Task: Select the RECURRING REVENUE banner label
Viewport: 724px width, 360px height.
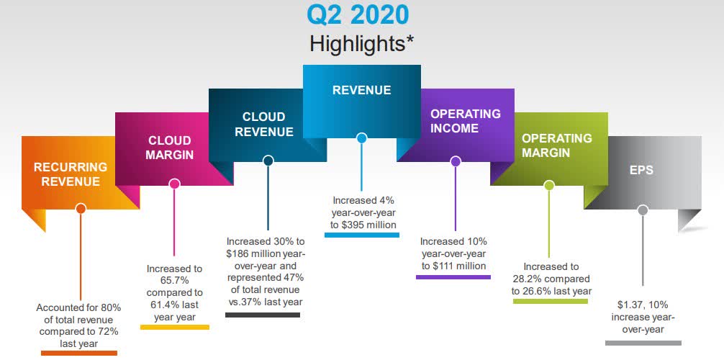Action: coord(71,174)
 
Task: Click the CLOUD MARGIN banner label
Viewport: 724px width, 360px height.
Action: coord(170,148)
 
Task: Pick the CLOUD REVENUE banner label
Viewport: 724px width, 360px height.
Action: coord(263,124)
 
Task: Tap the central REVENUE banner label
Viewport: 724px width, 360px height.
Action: coord(361,90)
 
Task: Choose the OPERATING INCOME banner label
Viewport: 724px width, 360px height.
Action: coord(466,121)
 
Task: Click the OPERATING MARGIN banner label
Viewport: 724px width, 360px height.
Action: coord(556,145)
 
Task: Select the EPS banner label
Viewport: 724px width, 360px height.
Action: coord(642,171)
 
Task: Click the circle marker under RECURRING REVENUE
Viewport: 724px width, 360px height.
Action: coord(81,209)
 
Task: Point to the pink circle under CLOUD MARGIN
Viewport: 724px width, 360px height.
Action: coord(173,184)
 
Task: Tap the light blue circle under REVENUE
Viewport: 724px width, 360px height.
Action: coord(361,138)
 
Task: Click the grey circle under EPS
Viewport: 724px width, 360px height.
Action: coord(643,210)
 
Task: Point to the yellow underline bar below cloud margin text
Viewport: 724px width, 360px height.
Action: coord(174,327)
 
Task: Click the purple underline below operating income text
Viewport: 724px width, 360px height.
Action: coord(453,277)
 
